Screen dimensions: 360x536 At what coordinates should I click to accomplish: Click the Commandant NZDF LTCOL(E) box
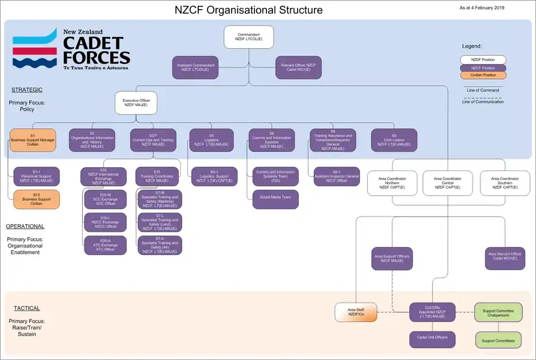(x=249, y=37)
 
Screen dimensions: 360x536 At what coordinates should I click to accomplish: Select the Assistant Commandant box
(x=195, y=67)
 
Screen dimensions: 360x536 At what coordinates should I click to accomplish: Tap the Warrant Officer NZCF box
(x=298, y=67)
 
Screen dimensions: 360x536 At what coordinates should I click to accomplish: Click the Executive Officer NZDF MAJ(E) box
(x=136, y=103)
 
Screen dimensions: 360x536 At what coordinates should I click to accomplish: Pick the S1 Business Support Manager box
(x=32, y=140)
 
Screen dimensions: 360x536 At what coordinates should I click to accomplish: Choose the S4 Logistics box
(x=211, y=140)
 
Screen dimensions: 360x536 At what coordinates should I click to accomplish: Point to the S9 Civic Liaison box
(x=394, y=140)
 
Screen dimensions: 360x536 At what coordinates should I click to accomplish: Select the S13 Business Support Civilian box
(x=36, y=199)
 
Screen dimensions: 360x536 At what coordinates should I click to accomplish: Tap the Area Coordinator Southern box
(x=505, y=182)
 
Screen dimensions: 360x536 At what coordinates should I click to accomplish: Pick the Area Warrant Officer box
(x=505, y=258)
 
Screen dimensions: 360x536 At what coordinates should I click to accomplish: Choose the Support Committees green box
(x=498, y=340)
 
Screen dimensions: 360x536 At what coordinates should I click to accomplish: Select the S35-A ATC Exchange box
(x=105, y=245)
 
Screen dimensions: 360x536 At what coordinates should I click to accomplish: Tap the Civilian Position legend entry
(x=483, y=75)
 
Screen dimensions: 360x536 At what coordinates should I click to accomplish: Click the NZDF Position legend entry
(x=483, y=60)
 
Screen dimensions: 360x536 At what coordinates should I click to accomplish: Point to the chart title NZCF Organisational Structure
(x=249, y=10)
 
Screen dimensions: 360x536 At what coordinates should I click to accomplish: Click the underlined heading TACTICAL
(x=27, y=308)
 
